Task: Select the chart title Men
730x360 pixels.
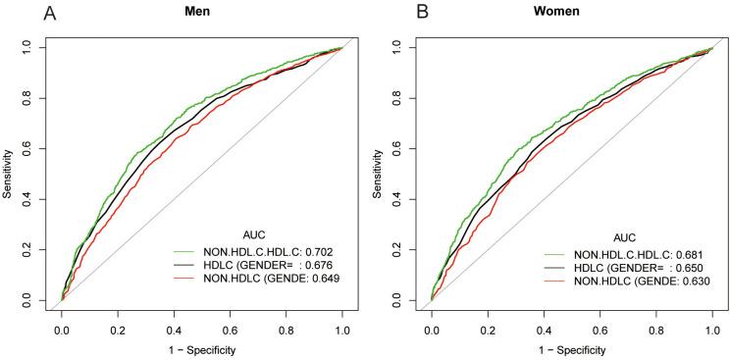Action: coord(201,13)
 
